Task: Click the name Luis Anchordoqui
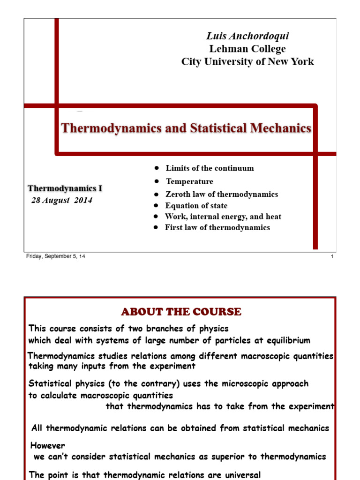(247, 37)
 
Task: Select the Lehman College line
(247, 49)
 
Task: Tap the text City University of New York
(247, 61)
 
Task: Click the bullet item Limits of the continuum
(210, 168)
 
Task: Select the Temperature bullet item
(189, 181)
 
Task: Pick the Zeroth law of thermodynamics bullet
(222, 194)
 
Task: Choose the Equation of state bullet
(196, 206)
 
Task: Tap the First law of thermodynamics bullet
(217, 227)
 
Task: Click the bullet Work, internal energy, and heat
(223, 217)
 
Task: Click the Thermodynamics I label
(65, 188)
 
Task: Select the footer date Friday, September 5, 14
(55, 256)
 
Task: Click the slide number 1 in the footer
(332, 256)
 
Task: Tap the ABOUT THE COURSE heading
(181, 312)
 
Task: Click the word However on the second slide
(48, 445)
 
